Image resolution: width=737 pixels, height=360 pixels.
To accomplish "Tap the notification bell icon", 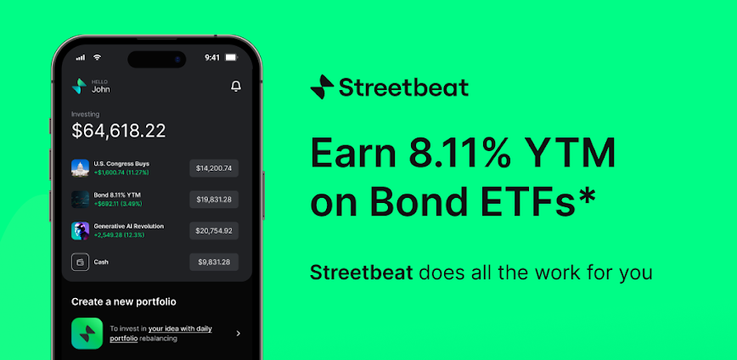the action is (236, 87).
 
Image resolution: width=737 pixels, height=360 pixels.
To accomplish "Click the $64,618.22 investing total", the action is (119, 131).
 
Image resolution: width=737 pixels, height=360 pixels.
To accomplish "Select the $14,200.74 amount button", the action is (214, 168).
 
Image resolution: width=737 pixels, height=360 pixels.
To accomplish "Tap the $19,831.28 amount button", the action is (214, 200).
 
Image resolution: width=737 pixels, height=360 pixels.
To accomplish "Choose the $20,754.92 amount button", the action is (214, 231).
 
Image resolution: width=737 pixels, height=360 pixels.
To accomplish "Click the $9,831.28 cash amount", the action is (214, 262).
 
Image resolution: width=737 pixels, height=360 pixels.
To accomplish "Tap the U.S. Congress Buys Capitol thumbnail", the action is (81, 168).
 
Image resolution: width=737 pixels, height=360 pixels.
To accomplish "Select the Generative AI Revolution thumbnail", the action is (81, 231).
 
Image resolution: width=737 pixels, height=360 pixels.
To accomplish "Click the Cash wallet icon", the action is (81, 262).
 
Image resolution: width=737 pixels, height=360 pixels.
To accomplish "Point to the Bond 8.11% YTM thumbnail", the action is (81, 200).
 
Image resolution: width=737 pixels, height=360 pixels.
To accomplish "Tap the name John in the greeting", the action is (100, 89).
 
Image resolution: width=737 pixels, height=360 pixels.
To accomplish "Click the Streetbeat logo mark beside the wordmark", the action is (322, 87).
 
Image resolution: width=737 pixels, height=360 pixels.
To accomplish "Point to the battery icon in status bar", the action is (231, 58).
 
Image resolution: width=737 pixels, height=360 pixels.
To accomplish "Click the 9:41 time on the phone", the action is (212, 58).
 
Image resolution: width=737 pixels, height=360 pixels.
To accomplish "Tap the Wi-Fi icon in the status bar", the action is (98, 58).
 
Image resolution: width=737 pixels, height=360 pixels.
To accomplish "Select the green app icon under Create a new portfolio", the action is (87, 333).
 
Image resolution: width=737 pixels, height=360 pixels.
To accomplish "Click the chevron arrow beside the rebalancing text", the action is (239, 333).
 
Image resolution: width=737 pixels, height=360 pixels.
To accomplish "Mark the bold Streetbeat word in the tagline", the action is (362, 273).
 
